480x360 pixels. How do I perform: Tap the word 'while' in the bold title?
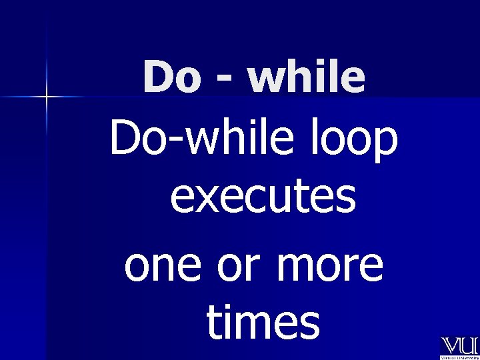pyautogui.click(x=307, y=78)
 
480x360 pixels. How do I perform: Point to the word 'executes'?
pyautogui.click(x=263, y=198)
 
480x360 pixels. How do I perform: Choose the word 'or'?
pyautogui.click(x=231, y=266)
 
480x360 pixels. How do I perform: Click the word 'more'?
pyautogui.click(x=326, y=266)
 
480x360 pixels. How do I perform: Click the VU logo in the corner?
pyautogui.click(x=459, y=346)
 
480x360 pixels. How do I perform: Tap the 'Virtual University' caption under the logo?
pyautogui.click(x=459, y=357)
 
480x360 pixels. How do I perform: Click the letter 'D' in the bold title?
pyautogui.click(x=157, y=78)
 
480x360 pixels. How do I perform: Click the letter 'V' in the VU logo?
pyautogui.click(x=449, y=346)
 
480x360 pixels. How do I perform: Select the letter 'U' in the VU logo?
pyautogui.click(x=468, y=346)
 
